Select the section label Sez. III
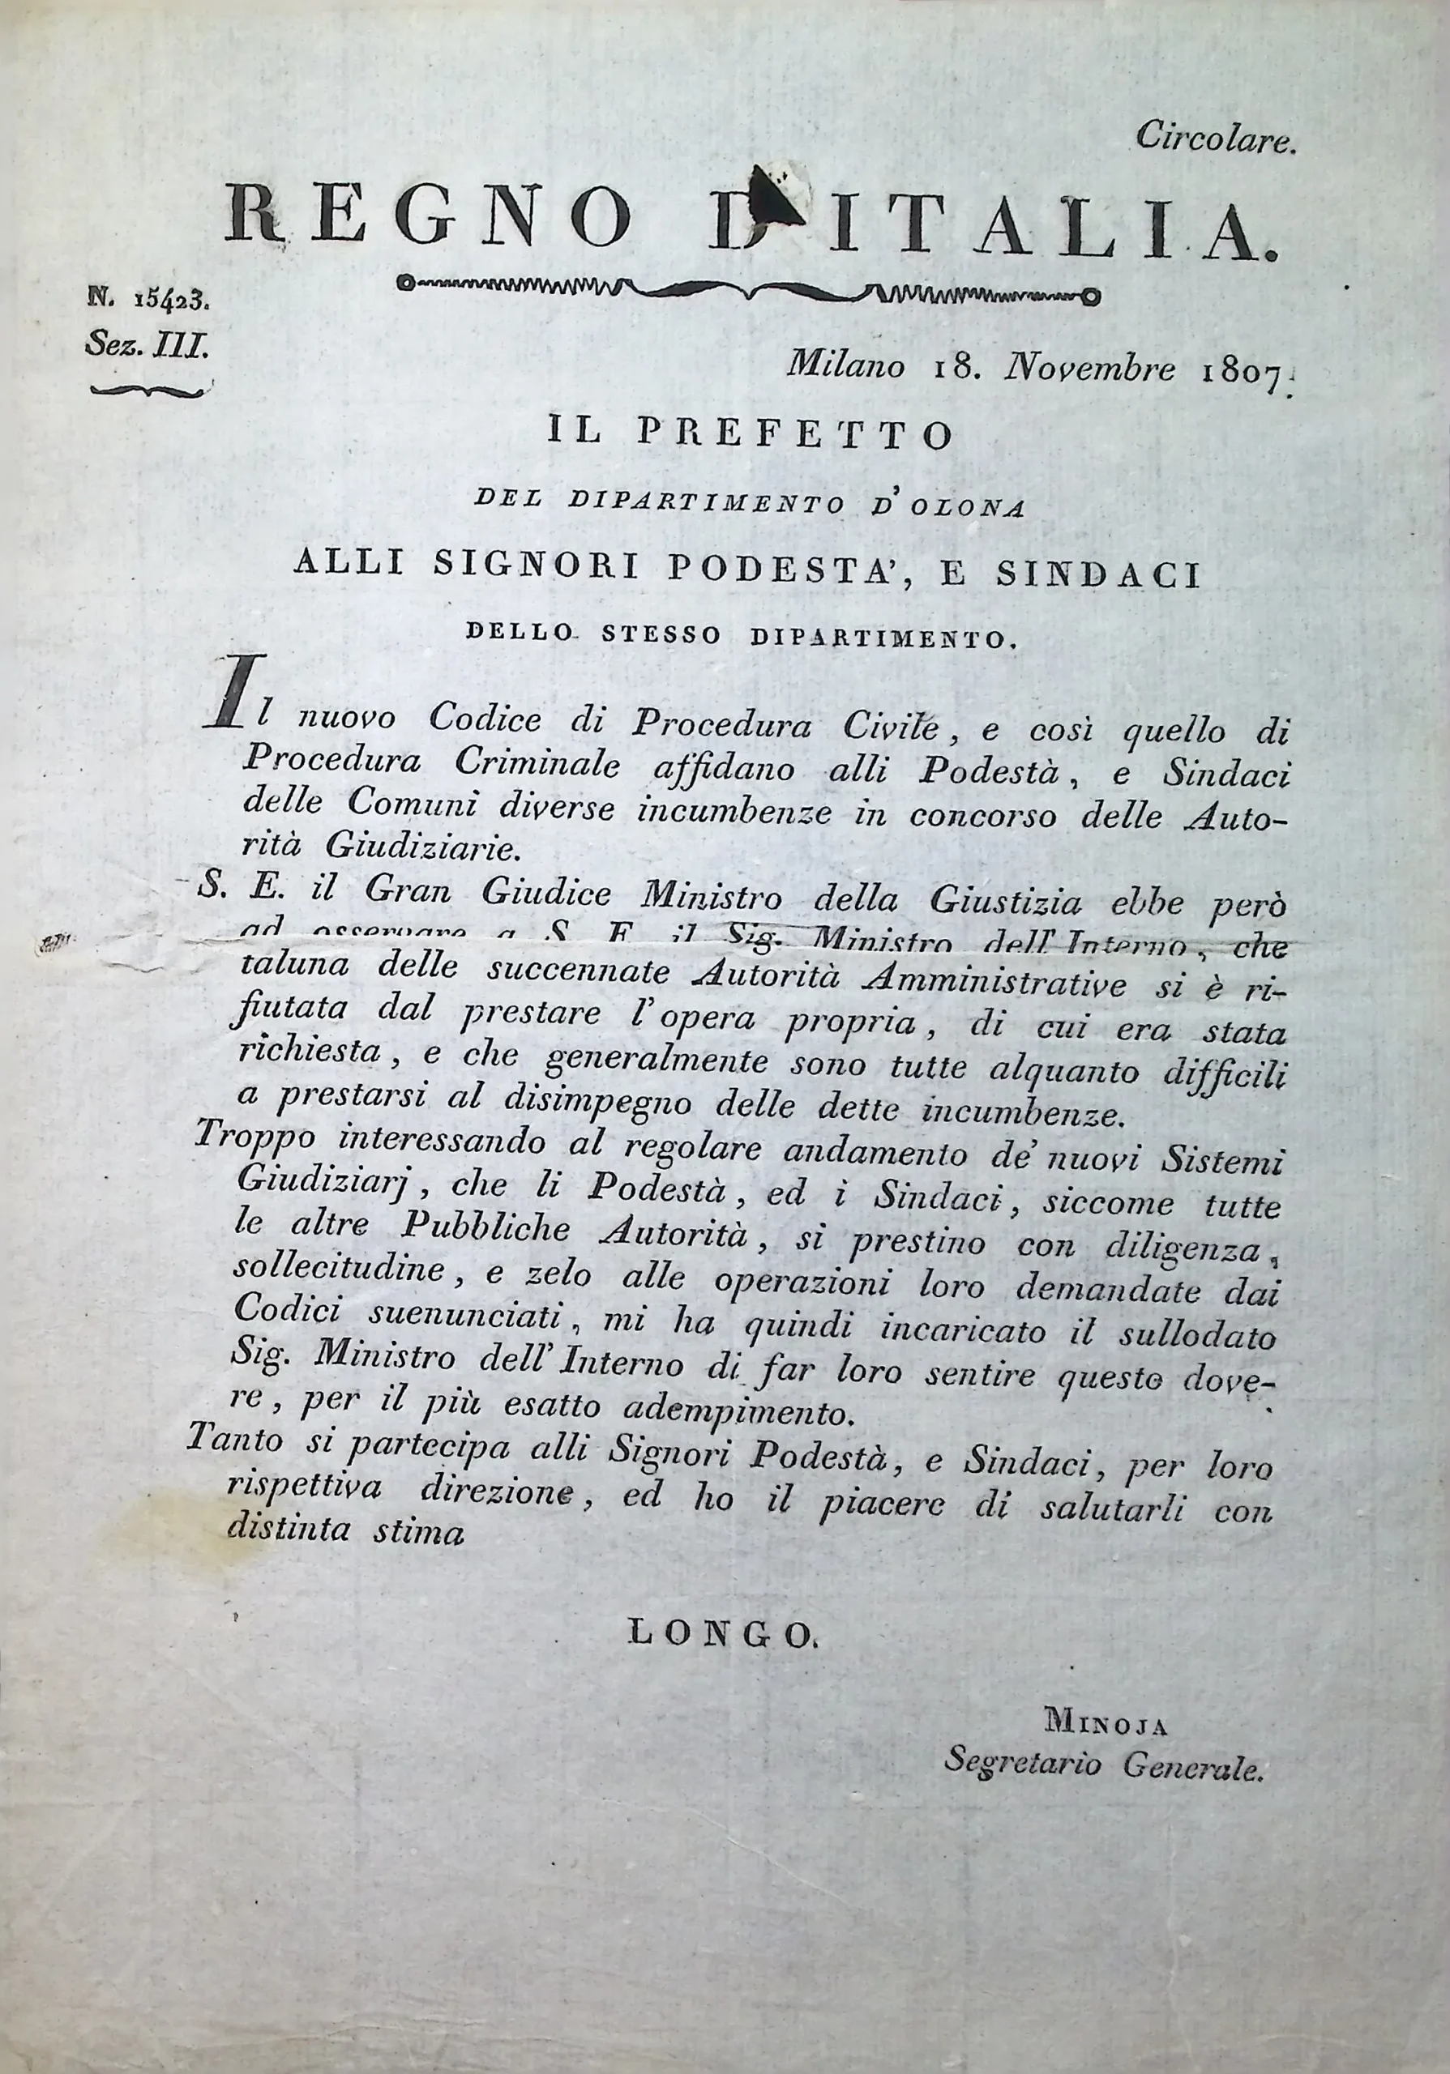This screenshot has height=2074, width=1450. point(148,344)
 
